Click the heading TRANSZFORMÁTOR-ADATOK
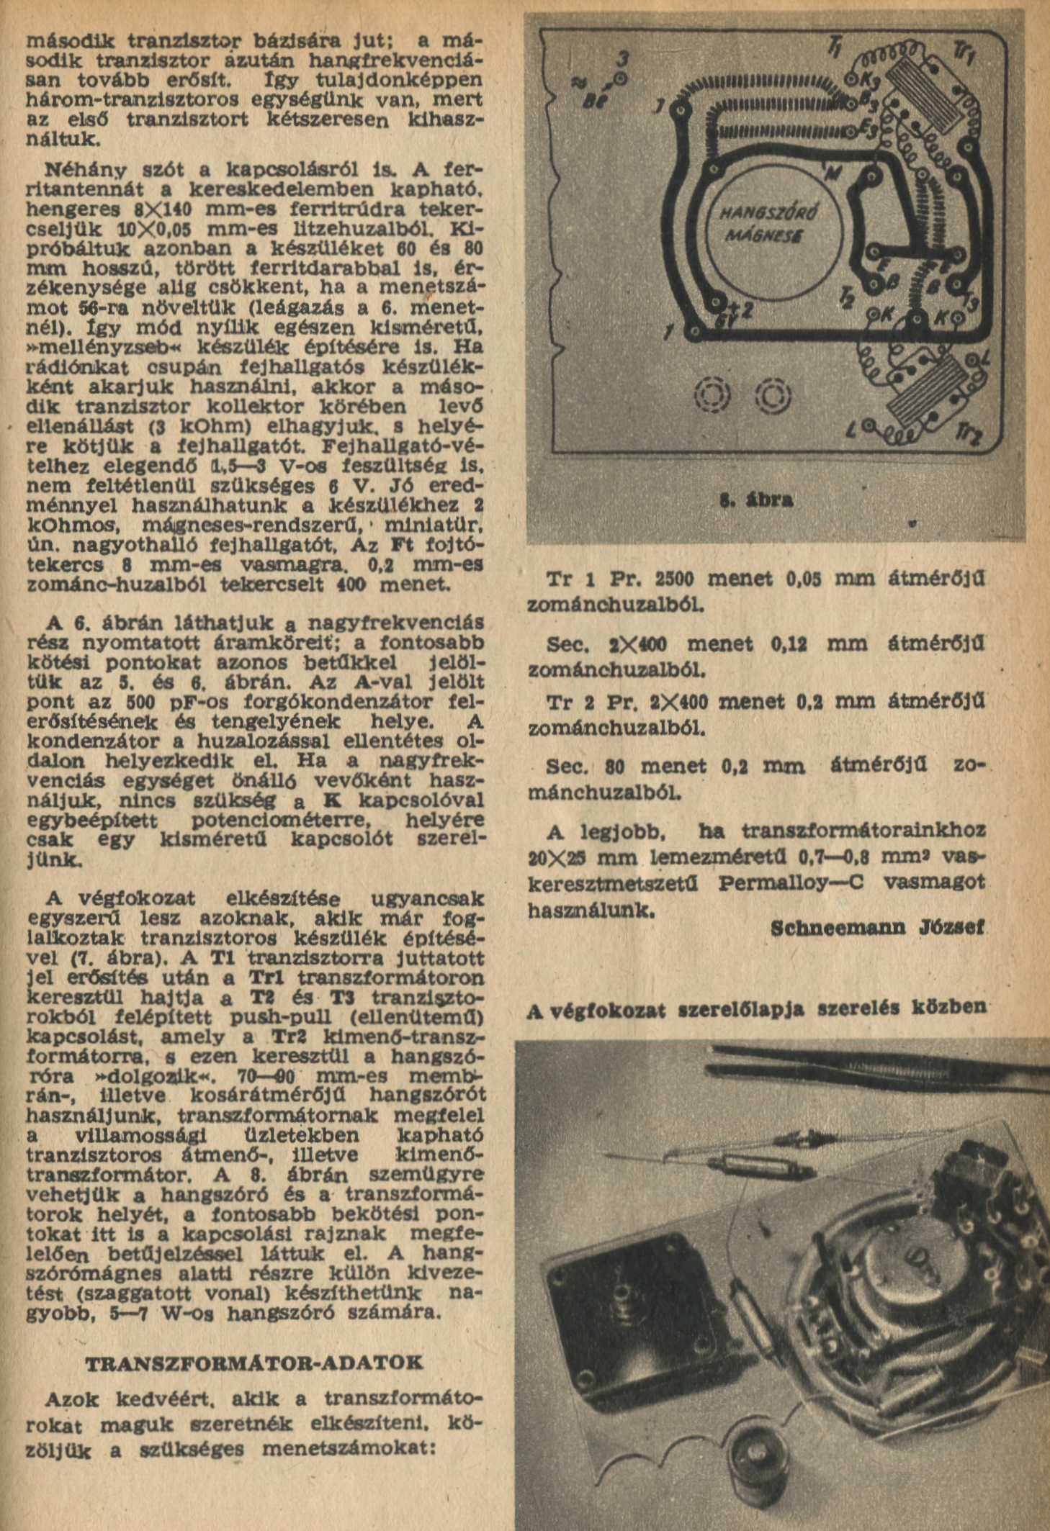coord(253,1364)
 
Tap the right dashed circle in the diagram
coord(773,394)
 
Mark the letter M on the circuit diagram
coord(833,170)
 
